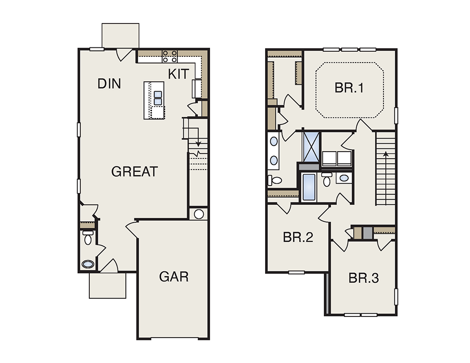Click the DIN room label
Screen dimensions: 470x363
pyautogui.click(x=110, y=84)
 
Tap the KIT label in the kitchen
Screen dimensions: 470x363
pyautogui.click(x=179, y=74)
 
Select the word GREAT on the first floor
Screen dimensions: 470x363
pyautogui.click(x=134, y=171)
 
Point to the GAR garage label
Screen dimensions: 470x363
pyautogui.click(x=174, y=277)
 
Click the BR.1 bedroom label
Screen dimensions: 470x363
pyautogui.click(x=349, y=88)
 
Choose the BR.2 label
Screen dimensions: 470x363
pyautogui.click(x=298, y=237)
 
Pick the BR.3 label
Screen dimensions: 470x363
pyautogui.click(x=364, y=278)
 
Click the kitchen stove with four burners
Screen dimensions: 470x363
pyautogui.click(x=170, y=56)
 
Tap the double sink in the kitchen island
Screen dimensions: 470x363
pyautogui.click(x=158, y=98)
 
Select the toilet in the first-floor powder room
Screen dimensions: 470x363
pyautogui.click(x=88, y=238)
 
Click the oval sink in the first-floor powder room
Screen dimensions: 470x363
pyautogui.click(x=88, y=264)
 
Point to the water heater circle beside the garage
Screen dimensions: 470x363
pyautogui.click(x=199, y=214)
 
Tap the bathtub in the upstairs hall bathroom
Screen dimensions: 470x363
pyautogui.click(x=309, y=187)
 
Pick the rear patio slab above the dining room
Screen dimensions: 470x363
pyautogui.click(x=120, y=35)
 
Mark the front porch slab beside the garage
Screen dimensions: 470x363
pyautogui.click(x=108, y=286)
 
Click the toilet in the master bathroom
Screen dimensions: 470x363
pyautogui.click(x=274, y=180)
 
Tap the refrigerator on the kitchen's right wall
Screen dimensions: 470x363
pyautogui.click(x=196, y=88)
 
